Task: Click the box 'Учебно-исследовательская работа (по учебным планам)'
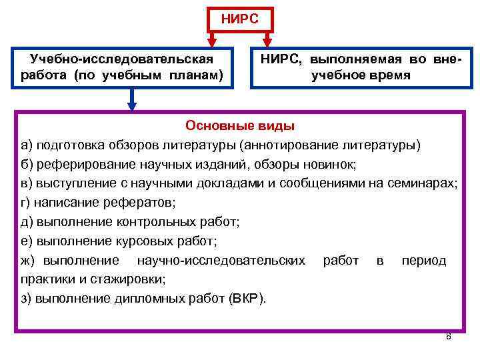click(x=126, y=67)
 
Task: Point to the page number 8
click(x=448, y=336)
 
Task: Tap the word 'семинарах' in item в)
click(x=427, y=183)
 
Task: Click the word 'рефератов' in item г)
click(x=127, y=203)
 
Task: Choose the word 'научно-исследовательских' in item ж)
click(x=221, y=261)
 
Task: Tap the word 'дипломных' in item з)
click(x=136, y=298)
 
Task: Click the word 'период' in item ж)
click(x=423, y=261)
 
